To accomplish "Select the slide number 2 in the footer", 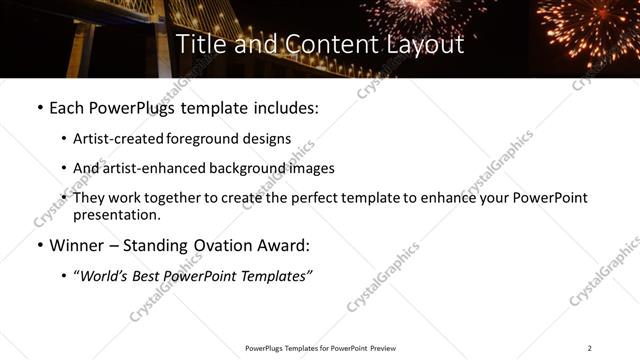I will click(590, 348).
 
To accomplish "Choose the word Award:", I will click(287, 245).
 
